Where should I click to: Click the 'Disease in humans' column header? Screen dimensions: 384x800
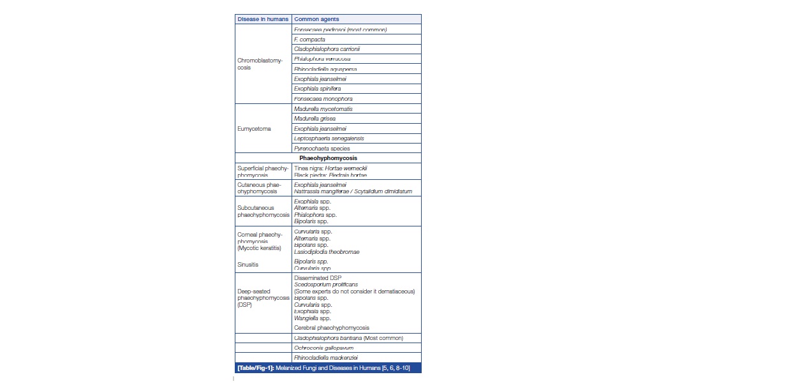point(263,19)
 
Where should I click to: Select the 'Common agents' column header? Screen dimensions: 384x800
point(316,19)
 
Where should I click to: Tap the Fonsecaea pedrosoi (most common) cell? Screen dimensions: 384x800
point(340,29)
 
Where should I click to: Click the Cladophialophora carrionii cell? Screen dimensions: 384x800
point(331,49)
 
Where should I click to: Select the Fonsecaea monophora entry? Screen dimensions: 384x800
point(323,99)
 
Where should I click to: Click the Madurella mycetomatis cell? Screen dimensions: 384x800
point(323,108)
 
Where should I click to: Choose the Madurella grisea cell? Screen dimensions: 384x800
point(315,119)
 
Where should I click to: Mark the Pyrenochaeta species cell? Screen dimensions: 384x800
point(322,149)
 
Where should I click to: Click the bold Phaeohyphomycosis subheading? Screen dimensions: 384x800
point(328,158)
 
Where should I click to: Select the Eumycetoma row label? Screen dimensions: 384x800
point(254,129)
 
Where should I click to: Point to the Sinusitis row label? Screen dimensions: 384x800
point(248,264)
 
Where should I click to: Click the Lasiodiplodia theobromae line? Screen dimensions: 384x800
point(327,252)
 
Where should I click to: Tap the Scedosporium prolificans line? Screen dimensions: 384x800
point(326,284)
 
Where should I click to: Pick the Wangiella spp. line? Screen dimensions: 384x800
point(312,318)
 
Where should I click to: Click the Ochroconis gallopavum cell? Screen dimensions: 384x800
point(323,348)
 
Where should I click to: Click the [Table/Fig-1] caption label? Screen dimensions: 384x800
point(255,368)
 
